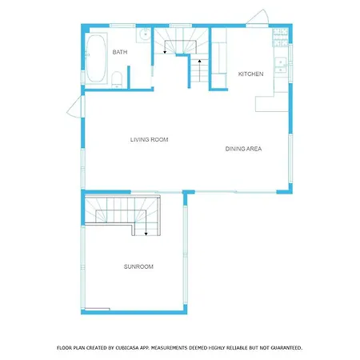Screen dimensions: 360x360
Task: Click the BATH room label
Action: [x=120, y=52]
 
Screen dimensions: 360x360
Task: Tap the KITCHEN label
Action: [x=250, y=74]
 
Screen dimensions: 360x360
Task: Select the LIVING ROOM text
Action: [x=149, y=139]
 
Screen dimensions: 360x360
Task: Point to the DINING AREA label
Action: [x=243, y=149]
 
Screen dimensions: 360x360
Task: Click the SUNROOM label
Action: [x=138, y=266]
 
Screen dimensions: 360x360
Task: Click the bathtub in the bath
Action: [x=95, y=58]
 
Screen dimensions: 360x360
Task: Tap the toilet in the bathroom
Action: [x=117, y=79]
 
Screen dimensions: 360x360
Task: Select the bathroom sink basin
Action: [x=145, y=34]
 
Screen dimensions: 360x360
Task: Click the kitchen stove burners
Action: [x=281, y=38]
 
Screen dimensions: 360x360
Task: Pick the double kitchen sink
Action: [x=281, y=65]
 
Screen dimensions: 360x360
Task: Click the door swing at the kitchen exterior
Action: [x=258, y=18]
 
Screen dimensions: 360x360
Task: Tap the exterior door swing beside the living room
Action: [x=74, y=106]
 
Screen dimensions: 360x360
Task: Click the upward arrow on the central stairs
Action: [x=199, y=70]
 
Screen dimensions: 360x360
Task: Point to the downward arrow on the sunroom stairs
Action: [x=146, y=229]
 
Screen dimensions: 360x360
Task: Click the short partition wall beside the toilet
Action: [x=129, y=77]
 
